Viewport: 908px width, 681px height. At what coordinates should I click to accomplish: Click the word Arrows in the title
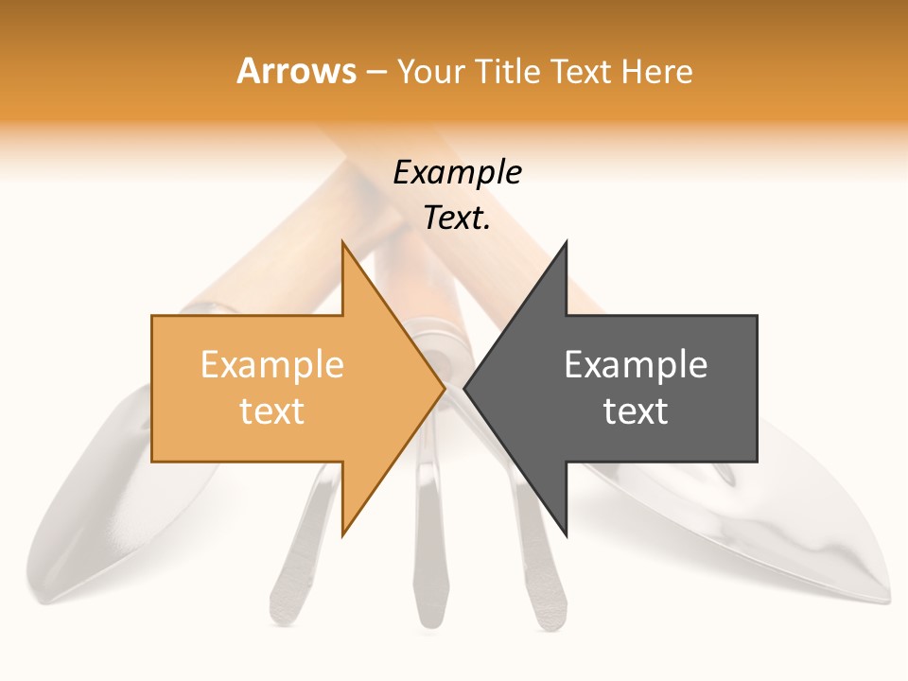click(x=297, y=71)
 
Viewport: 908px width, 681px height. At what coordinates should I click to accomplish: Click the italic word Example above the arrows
click(x=457, y=172)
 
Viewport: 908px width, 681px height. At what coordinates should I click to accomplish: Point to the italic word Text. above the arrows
click(x=457, y=218)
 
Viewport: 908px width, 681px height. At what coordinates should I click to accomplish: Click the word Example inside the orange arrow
click(x=271, y=364)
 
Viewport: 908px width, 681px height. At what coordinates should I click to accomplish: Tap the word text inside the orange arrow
click(x=271, y=410)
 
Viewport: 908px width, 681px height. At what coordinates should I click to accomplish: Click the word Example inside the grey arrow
click(x=636, y=364)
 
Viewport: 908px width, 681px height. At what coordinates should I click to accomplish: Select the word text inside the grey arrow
click(x=636, y=410)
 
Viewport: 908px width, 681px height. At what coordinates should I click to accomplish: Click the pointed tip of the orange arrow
click(x=444, y=388)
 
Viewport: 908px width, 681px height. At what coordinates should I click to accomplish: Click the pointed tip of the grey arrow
click(x=465, y=388)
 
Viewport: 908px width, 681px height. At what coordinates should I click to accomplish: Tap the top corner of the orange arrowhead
click(x=343, y=242)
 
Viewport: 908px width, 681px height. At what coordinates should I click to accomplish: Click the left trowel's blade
click(x=104, y=511)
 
